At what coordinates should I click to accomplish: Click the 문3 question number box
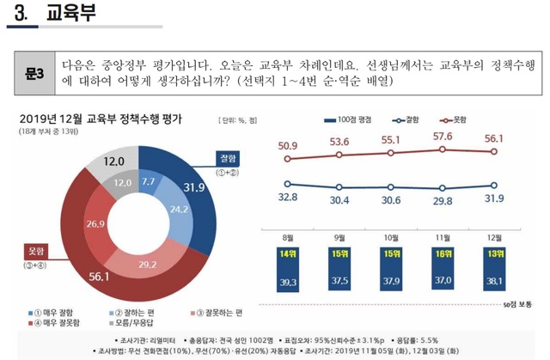pyautogui.click(x=35, y=73)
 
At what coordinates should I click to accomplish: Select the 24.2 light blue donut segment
pyautogui.click(x=179, y=209)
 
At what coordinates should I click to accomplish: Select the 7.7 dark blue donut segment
pyautogui.click(x=148, y=181)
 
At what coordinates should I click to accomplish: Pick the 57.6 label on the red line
pyautogui.click(x=443, y=136)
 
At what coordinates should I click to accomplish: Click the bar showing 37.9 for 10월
pyautogui.click(x=391, y=280)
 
